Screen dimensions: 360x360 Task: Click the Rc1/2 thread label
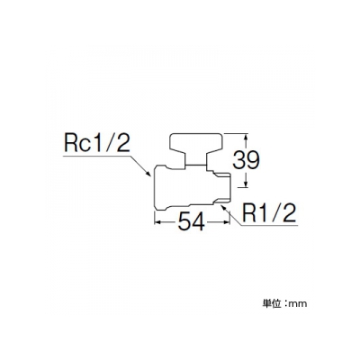pos(98,145)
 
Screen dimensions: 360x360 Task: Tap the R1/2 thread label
pos(269,213)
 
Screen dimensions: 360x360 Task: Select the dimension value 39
pos(247,159)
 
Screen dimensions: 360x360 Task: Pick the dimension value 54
pos(192,222)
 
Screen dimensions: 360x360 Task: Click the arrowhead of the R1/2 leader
pos(223,208)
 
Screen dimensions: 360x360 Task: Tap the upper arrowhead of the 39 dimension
pos(246,138)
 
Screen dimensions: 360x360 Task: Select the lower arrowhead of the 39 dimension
pos(246,184)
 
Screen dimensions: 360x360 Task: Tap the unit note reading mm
pos(298,304)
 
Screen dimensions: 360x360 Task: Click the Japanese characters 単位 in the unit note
pos(272,303)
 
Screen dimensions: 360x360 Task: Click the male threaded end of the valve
pos(221,185)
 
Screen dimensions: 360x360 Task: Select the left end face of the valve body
pos(154,186)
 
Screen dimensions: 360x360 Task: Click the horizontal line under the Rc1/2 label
pos(97,156)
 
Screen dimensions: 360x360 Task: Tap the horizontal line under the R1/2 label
pos(269,225)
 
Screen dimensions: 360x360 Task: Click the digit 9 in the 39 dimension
pos(253,159)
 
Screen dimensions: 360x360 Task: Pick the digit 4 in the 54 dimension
pos(199,222)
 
